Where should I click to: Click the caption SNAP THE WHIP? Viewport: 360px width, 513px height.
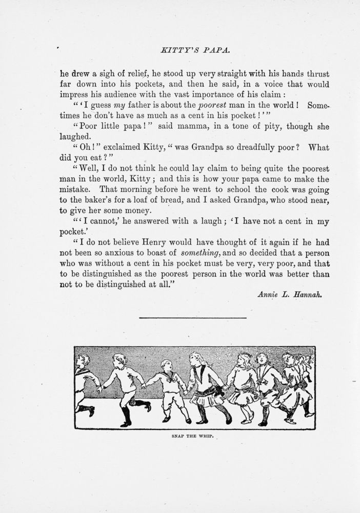(192, 437)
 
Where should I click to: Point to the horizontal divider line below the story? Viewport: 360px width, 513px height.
(193, 319)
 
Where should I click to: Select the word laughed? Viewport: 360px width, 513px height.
(76, 136)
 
